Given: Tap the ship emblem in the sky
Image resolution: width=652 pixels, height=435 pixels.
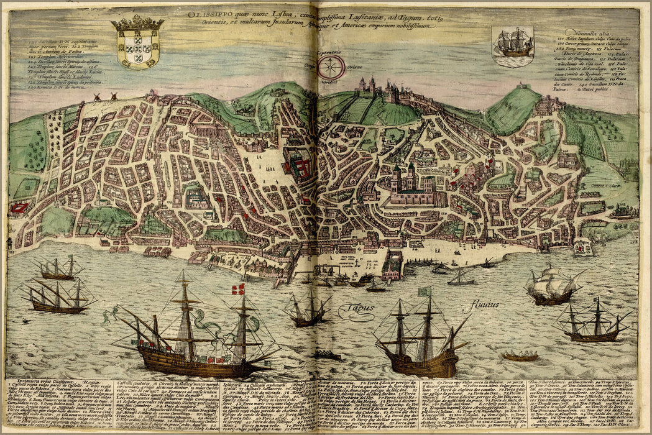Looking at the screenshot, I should [512, 45].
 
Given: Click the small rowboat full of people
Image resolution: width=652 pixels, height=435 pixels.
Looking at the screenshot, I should [520, 356].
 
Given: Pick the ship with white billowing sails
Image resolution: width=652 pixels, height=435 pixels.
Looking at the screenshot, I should [550, 285].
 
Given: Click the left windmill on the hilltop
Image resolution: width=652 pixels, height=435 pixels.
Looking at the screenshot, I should [96, 97].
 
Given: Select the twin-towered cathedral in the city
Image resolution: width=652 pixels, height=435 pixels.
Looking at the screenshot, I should [405, 180].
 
